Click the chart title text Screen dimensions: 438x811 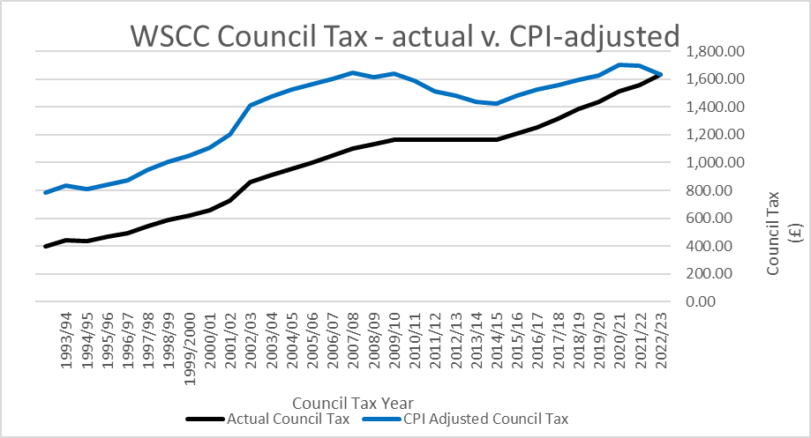tap(405, 36)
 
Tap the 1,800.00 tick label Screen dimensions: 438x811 tap(710, 52)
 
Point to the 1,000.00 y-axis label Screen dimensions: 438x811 tap(710, 163)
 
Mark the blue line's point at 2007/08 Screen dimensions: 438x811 tap(353, 72)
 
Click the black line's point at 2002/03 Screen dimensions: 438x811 tap(251, 182)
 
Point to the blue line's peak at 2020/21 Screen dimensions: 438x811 tap(620, 64)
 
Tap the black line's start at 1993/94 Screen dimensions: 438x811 tap(45, 246)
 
